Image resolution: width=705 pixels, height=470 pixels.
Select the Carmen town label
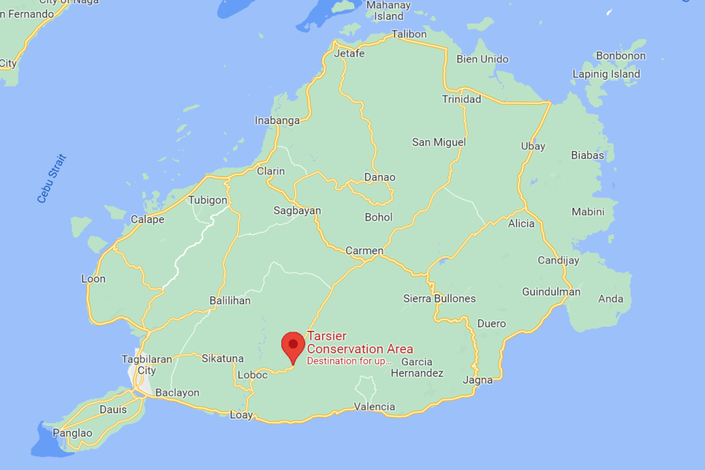(364, 251)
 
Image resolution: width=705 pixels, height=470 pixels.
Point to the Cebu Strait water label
(52, 178)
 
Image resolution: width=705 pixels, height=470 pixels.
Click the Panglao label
(72, 433)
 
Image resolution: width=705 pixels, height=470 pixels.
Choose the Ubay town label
(533, 146)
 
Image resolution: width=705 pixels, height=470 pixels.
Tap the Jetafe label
(349, 54)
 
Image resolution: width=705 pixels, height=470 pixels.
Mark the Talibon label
(409, 34)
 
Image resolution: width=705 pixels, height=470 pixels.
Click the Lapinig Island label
(606, 74)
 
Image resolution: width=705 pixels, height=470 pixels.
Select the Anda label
(611, 299)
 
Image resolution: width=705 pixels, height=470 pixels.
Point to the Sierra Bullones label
(439, 299)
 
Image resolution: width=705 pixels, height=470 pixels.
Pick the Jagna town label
(478, 380)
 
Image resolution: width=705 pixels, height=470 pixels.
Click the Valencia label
(374, 407)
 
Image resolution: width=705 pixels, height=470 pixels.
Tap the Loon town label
(94, 279)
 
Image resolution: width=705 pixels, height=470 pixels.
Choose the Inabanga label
(278, 121)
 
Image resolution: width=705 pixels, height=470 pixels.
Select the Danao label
(380, 178)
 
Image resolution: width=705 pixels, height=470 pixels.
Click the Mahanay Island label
(389, 10)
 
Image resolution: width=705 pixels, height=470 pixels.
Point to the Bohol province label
(378, 218)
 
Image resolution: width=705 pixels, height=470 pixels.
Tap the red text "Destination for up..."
(349, 361)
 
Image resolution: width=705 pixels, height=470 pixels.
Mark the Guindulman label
(551, 292)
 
